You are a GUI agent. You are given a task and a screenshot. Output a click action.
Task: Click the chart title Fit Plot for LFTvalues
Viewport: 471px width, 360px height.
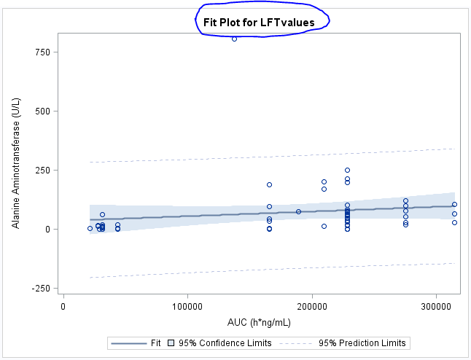tap(259, 23)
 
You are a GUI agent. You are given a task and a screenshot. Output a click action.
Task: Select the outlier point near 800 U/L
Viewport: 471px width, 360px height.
tap(234, 39)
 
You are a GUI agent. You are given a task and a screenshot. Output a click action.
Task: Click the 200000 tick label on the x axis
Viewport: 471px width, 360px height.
tap(312, 307)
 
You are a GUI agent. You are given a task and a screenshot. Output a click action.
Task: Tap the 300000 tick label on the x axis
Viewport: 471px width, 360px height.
tap(436, 307)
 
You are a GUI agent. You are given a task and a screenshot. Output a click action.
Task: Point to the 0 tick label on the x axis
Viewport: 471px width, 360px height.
tap(64, 307)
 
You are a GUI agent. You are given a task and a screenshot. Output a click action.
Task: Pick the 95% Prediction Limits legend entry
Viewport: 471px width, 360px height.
tap(362, 343)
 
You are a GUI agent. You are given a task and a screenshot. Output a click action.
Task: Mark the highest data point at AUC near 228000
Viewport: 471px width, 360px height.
tap(347, 171)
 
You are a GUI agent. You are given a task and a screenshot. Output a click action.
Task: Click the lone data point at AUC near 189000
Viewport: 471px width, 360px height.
tap(298, 211)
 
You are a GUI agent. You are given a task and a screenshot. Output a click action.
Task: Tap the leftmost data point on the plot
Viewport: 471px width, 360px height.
tap(90, 228)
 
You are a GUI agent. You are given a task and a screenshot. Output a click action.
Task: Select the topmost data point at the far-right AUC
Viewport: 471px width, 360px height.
tap(454, 205)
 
